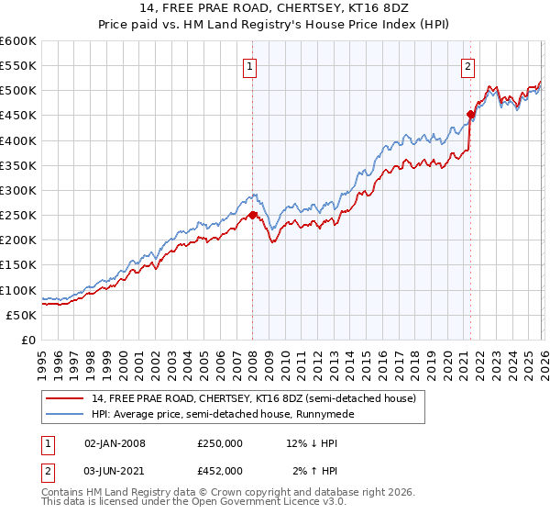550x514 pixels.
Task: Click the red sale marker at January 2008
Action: pos(252,216)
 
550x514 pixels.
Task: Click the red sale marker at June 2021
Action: pos(470,115)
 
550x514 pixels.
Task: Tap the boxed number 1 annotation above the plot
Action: pos(250,65)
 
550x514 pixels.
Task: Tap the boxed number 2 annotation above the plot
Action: pos(468,65)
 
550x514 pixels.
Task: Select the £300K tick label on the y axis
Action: pos(18,190)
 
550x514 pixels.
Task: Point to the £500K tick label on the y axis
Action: pos(18,91)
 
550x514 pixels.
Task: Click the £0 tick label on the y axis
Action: pos(27,340)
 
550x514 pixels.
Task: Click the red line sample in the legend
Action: pos(65,398)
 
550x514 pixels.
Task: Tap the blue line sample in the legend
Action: pos(65,414)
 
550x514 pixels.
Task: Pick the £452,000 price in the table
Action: pos(220,470)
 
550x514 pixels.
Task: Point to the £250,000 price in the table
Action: pos(220,443)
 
